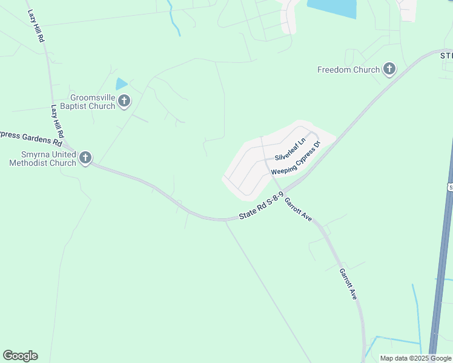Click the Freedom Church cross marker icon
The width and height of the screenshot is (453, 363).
pos(389,70)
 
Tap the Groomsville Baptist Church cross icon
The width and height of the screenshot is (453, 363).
pos(124,101)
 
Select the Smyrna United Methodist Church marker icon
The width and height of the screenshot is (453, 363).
pos(85,159)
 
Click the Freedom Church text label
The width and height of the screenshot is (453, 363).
pos(348,70)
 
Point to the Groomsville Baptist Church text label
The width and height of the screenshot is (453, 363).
pos(92,102)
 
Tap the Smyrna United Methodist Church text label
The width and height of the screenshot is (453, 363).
pos(42,159)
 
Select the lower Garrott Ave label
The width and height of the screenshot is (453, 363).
pos(348,284)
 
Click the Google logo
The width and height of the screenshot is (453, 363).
pos(20,356)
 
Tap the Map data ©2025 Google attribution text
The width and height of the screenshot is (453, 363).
pos(416,358)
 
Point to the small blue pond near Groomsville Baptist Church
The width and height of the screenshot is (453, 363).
pos(122,84)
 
